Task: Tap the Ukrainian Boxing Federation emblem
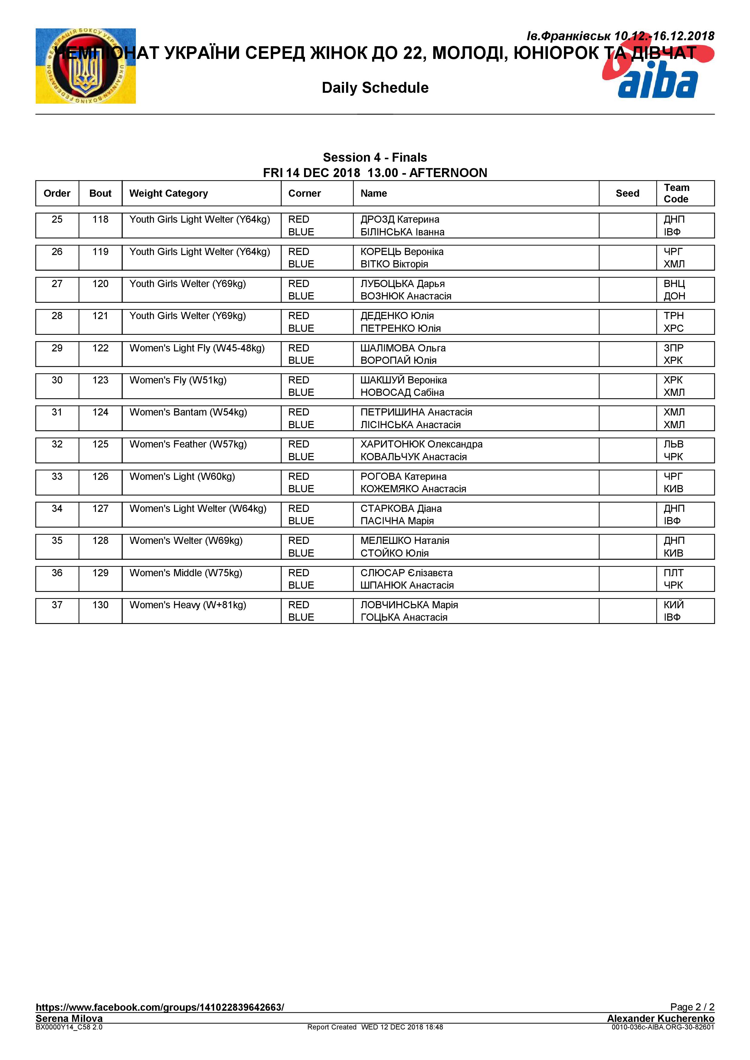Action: click(86, 66)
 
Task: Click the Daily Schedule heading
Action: click(375, 88)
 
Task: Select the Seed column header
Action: click(627, 193)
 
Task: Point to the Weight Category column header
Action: click(169, 193)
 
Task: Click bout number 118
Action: click(100, 219)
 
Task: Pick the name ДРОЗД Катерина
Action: click(400, 219)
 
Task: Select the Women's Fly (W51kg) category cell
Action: click(178, 380)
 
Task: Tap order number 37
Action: click(57, 605)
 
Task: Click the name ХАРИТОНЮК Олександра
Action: click(421, 444)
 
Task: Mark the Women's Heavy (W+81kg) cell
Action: click(188, 605)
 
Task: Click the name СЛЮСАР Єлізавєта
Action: click(406, 573)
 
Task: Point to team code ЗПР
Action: click(673, 348)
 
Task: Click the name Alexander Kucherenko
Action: click(660, 1018)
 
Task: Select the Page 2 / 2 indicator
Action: click(692, 1007)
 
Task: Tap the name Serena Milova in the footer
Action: click(69, 1018)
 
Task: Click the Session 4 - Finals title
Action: click(375, 157)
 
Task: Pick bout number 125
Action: click(100, 444)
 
